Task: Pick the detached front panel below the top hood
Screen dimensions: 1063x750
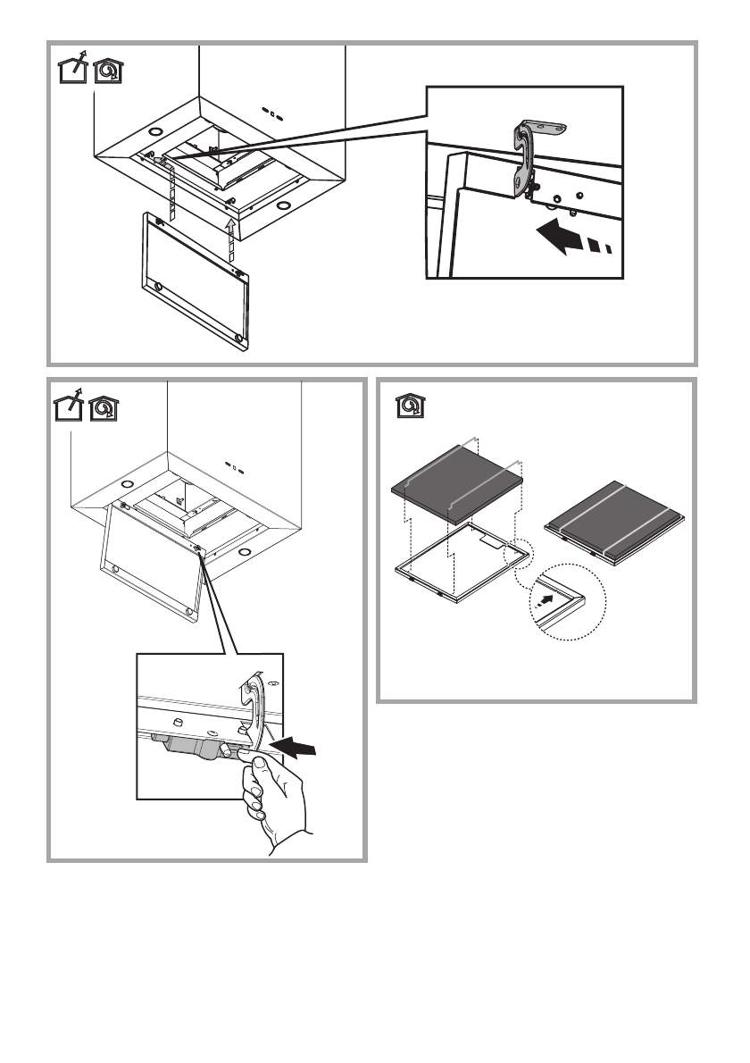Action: point(193,277)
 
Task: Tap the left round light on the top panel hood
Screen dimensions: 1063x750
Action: point(145,138)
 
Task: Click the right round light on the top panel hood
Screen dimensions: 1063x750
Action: point(286,206)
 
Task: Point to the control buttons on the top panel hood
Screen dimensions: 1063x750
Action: point(273,113)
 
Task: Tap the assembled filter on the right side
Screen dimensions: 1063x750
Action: point(615,523)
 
